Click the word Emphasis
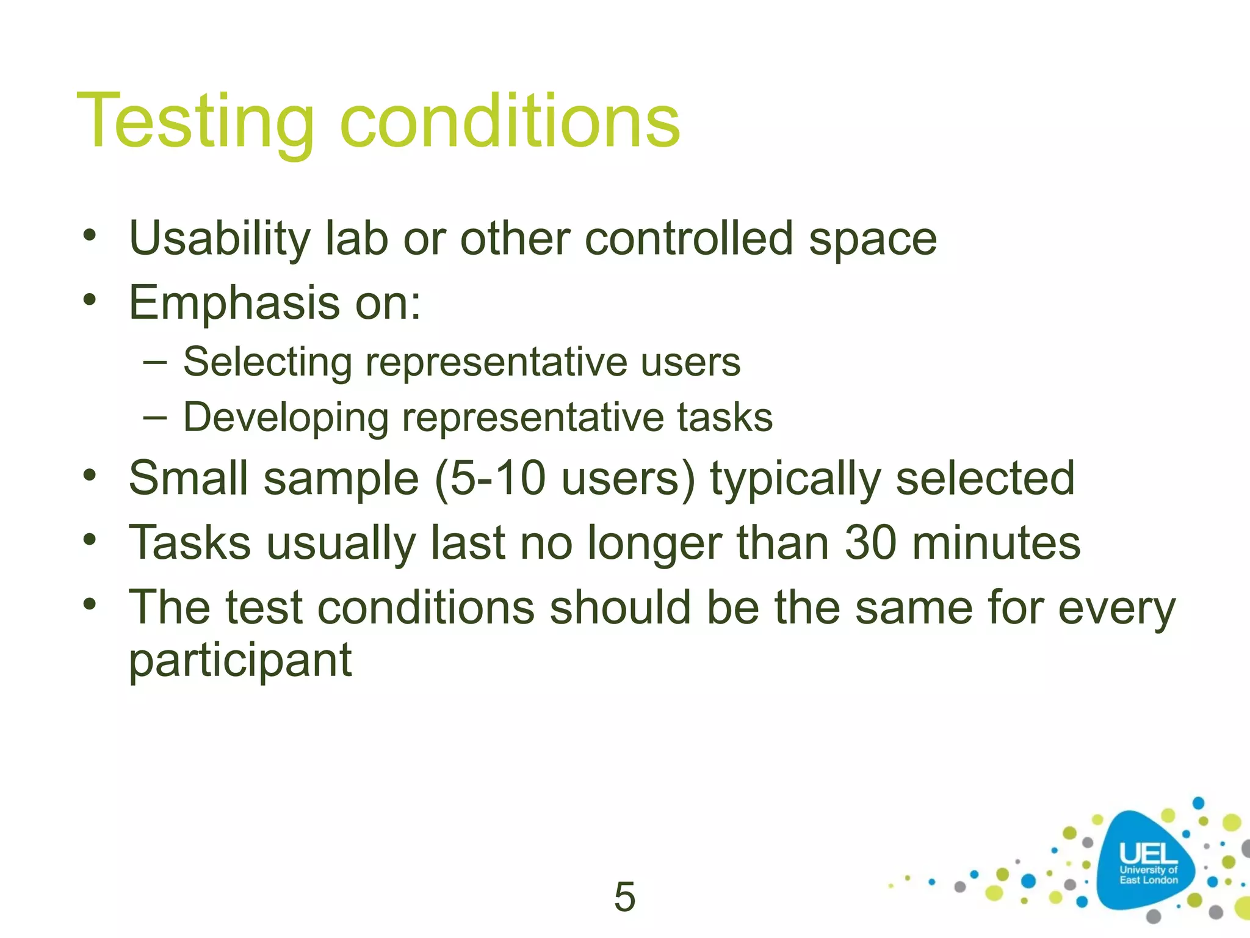[234, 304]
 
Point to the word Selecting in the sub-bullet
[267, 363]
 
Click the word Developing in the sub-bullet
[286, 419]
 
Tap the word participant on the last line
[240, 661]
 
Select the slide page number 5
[624, 897]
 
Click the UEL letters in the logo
[1148, 854]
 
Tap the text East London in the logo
[1148, 880]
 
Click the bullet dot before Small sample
[90, 475]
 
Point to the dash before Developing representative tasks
[154, 418]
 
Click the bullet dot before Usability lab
[90, 235]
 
